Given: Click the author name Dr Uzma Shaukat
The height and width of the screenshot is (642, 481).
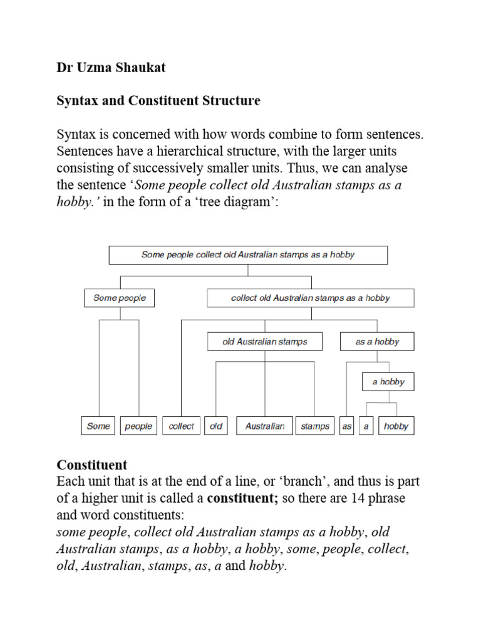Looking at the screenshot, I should [x=111, y=68].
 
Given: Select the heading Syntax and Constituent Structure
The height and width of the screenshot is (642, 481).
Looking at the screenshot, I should [x=158, y=100].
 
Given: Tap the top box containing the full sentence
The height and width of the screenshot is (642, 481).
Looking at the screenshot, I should [x=248, y=255].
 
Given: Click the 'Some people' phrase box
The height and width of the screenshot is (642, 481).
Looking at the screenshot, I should [x=119, y=298].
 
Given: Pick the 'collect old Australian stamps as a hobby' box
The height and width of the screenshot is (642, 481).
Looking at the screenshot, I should [x=310, y=298].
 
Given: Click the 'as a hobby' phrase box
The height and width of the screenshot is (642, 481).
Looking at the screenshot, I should [x=376, y=342].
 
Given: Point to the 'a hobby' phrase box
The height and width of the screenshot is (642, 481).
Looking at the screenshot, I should [x=388, y=381].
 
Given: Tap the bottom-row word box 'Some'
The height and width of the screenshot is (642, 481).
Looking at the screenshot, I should [x=98, y=426].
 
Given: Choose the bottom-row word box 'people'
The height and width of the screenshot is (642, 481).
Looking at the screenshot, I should [x=138, y=426].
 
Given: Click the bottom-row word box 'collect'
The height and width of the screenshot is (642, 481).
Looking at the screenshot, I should [x=182, y=426].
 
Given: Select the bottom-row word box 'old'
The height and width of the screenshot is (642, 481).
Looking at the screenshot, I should [x=217, y=426].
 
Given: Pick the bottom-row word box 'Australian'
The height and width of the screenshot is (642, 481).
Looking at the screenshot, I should [x=264, y=426].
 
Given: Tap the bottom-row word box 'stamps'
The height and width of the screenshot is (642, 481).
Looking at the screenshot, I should [x=314, y=426].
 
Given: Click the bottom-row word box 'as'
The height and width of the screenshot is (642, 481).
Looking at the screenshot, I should [x=347, y=426].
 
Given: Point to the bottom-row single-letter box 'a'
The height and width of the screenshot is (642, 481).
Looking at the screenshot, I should [x=366, y=426].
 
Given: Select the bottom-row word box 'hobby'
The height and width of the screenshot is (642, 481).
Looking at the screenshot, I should [x=396, y=426].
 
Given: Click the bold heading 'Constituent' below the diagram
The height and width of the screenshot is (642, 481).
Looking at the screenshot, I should [x=91, y=465].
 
